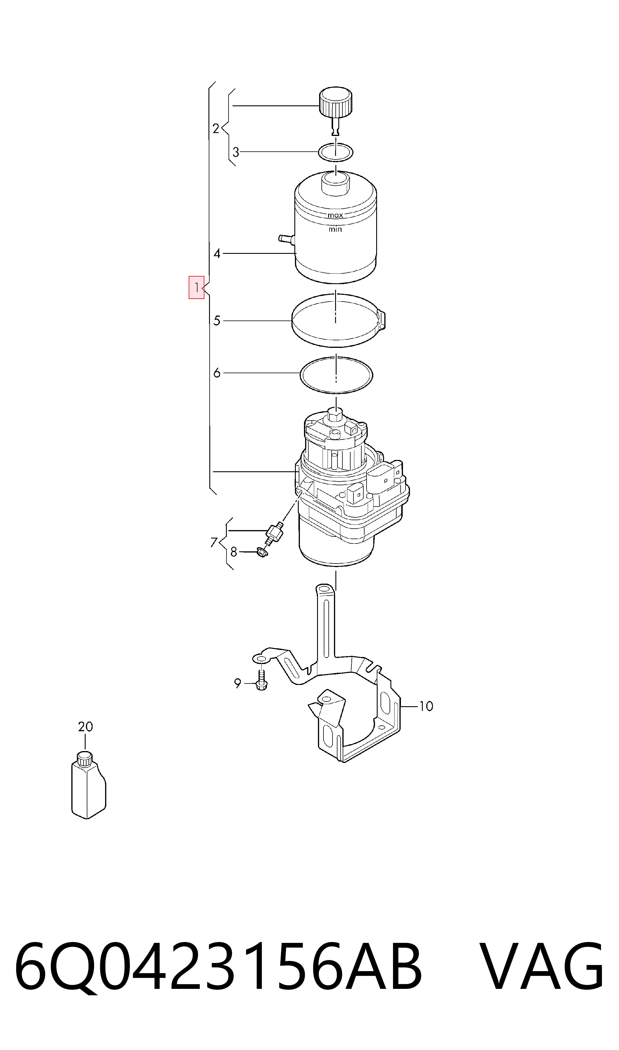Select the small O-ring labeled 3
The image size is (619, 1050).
pos(336,152)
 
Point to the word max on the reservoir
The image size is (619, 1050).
pos(335,215)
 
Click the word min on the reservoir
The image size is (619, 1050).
pos(335,229)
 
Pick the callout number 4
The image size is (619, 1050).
pos(217,254)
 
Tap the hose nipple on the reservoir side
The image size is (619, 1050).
pos(286,239)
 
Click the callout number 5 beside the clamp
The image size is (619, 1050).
pos(217,321)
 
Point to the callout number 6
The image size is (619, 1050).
pos(217,373)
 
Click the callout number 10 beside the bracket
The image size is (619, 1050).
pos(426,707)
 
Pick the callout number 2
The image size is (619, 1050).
pos(216,128)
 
